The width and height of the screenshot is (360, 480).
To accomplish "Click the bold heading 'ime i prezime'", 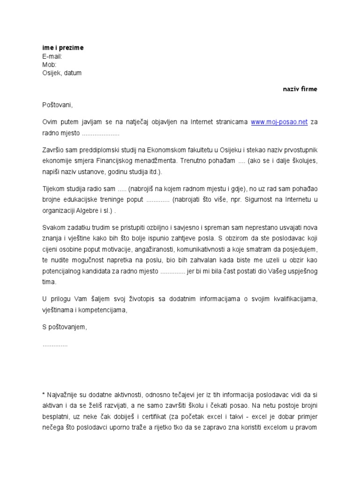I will [x=63, y=48].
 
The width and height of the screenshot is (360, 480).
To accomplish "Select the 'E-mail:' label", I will [x=52, y=56].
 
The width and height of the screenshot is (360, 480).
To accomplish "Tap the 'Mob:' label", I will [x=49, y=65].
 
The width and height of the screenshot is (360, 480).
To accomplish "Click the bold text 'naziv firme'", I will [x=300, y=89].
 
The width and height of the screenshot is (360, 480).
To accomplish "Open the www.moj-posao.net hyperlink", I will [x=279, y=122].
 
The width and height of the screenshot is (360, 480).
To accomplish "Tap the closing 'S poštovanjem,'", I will [x=64, y=327].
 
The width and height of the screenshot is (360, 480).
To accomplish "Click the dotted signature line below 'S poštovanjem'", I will [x=55, y=345].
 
